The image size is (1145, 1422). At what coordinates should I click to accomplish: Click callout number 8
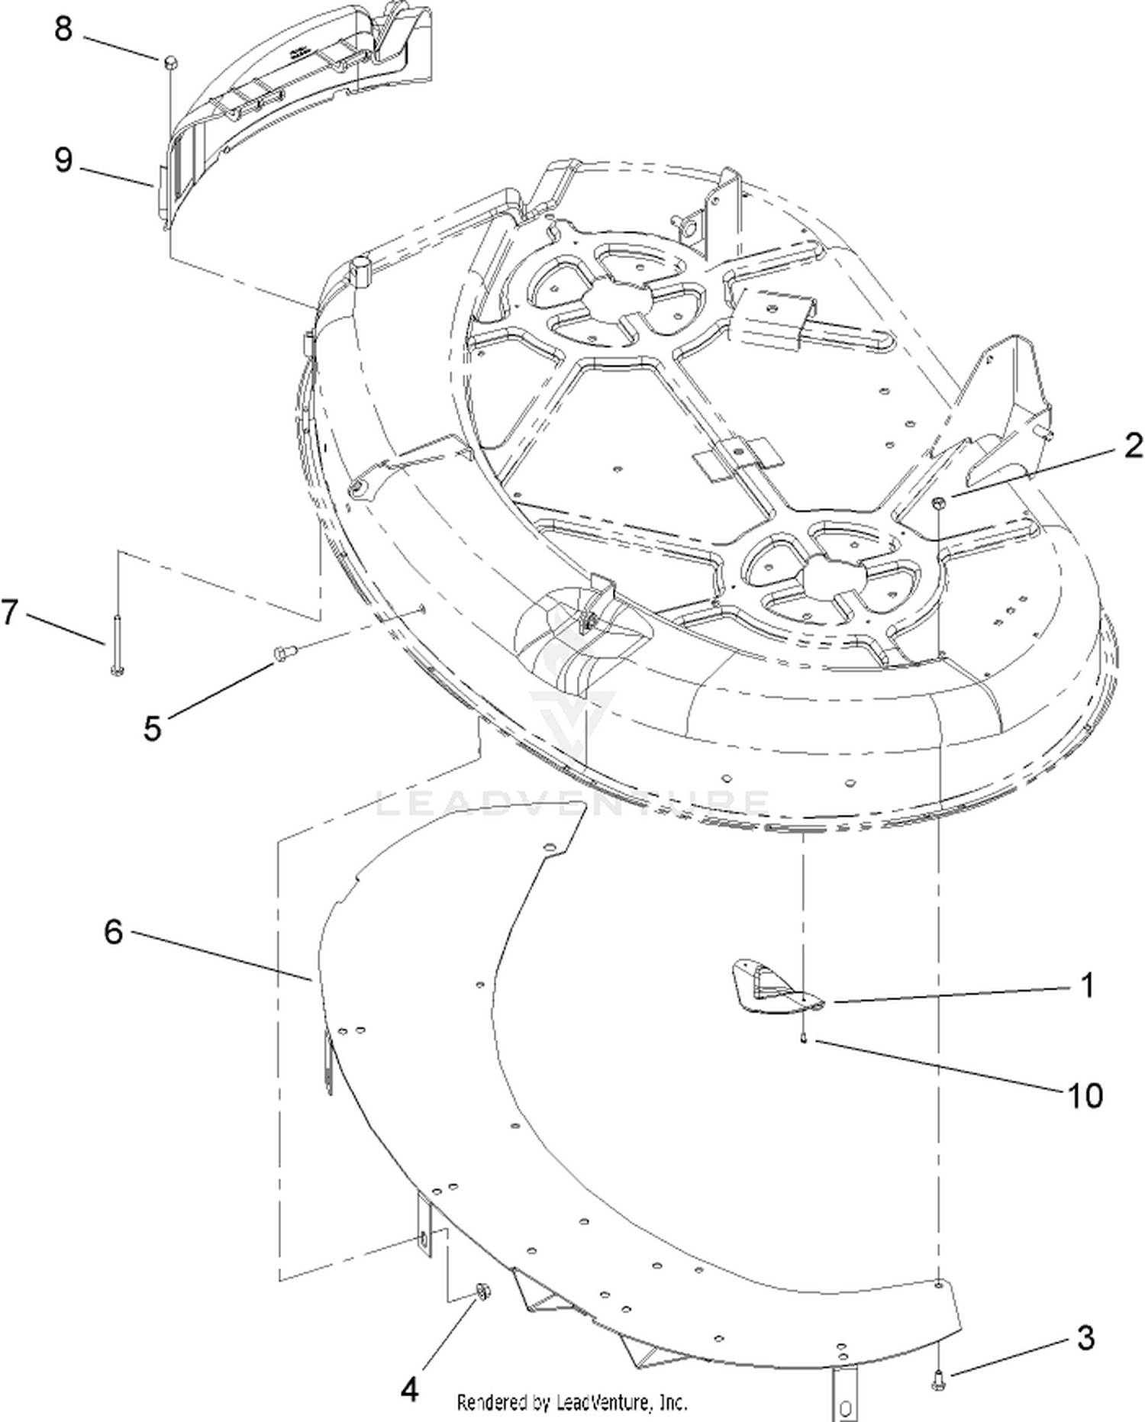[63, 29]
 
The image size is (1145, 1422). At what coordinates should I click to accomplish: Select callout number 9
[63, 160]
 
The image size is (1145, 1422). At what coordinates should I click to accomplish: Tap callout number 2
[1134, 446]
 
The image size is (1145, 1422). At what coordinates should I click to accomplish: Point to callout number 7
[9, 611]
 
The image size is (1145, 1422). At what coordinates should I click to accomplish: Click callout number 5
[153, 727]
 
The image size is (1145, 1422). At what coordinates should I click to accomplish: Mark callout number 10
[1085, 1096]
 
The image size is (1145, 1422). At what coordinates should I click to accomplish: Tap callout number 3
[1085, 1338]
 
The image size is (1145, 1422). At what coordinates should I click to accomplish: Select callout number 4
[410, 1390]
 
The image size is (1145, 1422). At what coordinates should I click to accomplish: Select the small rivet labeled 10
[803, 1037]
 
